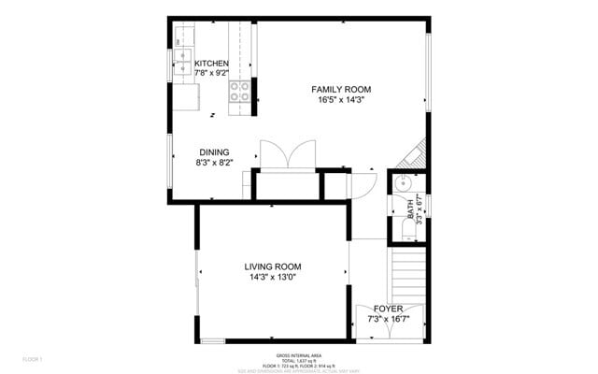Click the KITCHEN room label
(211, 64)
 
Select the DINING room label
(214, 152)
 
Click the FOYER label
(388, 308)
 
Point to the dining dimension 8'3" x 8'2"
(214, 163)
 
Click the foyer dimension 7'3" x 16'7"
(388, 319)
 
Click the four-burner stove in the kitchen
(240, 92)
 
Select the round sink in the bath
(403, 183)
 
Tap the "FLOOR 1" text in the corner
(34, 359)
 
